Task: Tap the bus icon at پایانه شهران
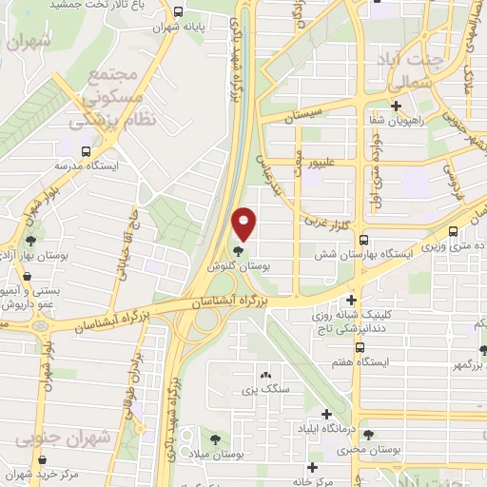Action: coord(180,12)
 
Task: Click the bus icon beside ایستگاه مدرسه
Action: coord(87,149)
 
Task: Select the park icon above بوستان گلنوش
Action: coord(237,253)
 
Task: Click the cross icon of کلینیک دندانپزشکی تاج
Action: coord(351,300)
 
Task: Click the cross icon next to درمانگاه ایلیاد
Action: coord(327,414)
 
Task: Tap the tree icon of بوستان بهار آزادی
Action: coord(31,242)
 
